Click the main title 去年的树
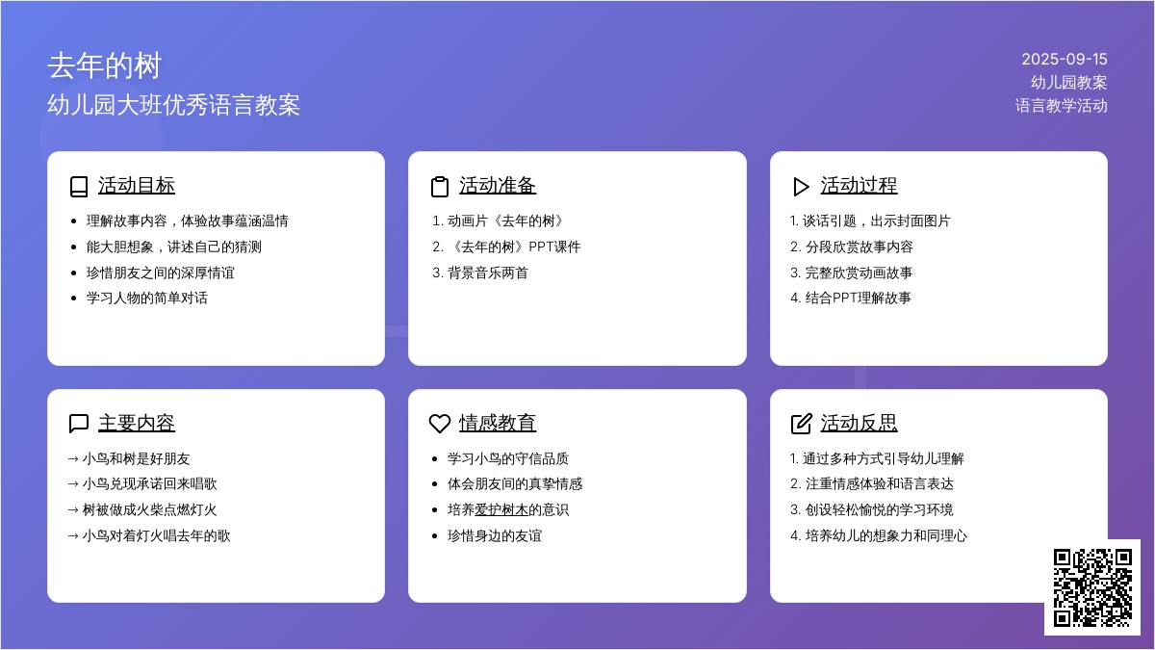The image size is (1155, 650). coord(105,66)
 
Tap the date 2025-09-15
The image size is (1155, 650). coord(1065,60)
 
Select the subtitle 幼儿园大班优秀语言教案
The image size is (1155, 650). coord(174,105)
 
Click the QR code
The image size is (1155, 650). coord(1092,587)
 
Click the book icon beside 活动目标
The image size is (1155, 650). coord(79,187)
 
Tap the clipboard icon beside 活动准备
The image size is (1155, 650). coord(439,187)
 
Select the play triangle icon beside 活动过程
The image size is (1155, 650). coord(801,187)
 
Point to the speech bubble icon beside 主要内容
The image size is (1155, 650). coord(79,424)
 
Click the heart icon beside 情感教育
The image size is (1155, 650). coord(440,424)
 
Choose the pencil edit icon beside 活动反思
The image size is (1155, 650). coord(801,424)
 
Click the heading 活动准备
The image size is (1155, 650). coord(498,186)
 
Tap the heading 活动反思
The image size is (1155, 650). coord(859,423)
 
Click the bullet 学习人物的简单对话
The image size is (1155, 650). coord(147,299)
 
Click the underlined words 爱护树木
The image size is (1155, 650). coord(501,510)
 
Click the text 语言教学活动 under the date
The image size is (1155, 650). coord(1061,106)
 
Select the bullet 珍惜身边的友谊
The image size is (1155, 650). coord(495,536)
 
